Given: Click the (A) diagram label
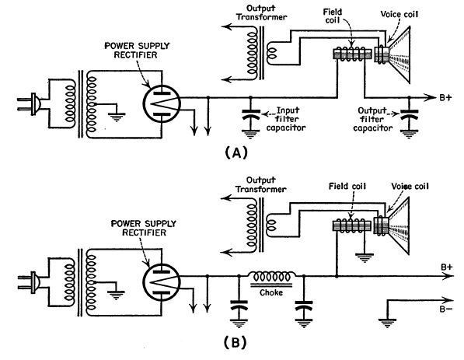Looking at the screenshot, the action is pyautogui.click(x=235, y=153).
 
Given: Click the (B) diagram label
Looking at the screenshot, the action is pyautogui.click(x=235, y=343).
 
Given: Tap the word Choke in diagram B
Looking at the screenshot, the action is pyautogui.click(x=271, y=292).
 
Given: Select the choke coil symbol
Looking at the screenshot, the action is pyautogui.click(x=272, y=277).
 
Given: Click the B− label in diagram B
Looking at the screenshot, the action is pyautogui.click(x=445, y=309).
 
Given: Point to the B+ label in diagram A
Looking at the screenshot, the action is pyautogui.click(x=445, y=97).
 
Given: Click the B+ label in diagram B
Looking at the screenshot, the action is pyautogui.click(x=447, y=267).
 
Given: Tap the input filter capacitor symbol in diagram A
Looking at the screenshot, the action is pyautogui.click(x=251, y=115).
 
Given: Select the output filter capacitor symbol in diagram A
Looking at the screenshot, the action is pyautogui.click(x=409, y=115).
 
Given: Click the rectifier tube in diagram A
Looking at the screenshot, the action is pyautogui.click(x=162, y=103).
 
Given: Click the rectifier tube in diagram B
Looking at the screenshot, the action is pyautogui.click(x=162, y=282).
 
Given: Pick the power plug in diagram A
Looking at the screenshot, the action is pyautogui.click(x=30, y=104).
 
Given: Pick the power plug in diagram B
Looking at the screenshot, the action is pyautogui.click(x=30, y=283).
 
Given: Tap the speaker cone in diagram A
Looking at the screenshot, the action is pyautogui.click(x=399, y=55).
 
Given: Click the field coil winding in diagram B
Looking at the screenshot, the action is pyautogui.click(x=352, y=226).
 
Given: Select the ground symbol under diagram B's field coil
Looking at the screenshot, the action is pyautogui.click(x=364, y=258).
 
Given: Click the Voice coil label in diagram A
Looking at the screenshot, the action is pyautogui.click(x=399, y=14).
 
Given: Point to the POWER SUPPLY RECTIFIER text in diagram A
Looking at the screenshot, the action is pyautogui.click(x=137, y=51).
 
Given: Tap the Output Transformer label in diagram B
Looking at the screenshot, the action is pyautogui.click(x=260, y=185).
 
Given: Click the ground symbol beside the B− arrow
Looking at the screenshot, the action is pyautogui.click(x=387, y=323).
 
